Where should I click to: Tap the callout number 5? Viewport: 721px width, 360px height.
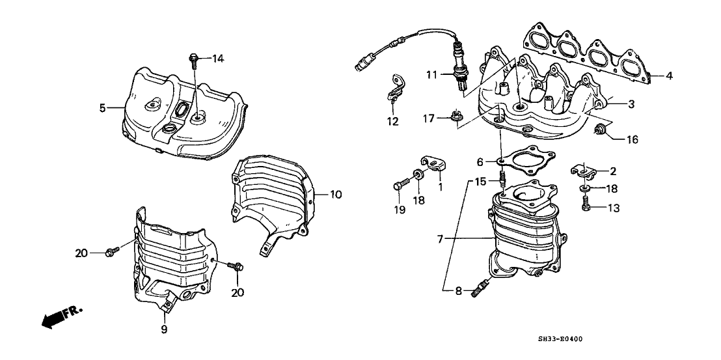[x=102, y=108]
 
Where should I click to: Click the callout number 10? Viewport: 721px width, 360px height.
[x=335, y=194]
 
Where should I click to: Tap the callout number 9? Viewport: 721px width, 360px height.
[x=164, y=329]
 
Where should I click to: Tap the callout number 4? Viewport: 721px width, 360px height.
[x=669, y=76]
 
